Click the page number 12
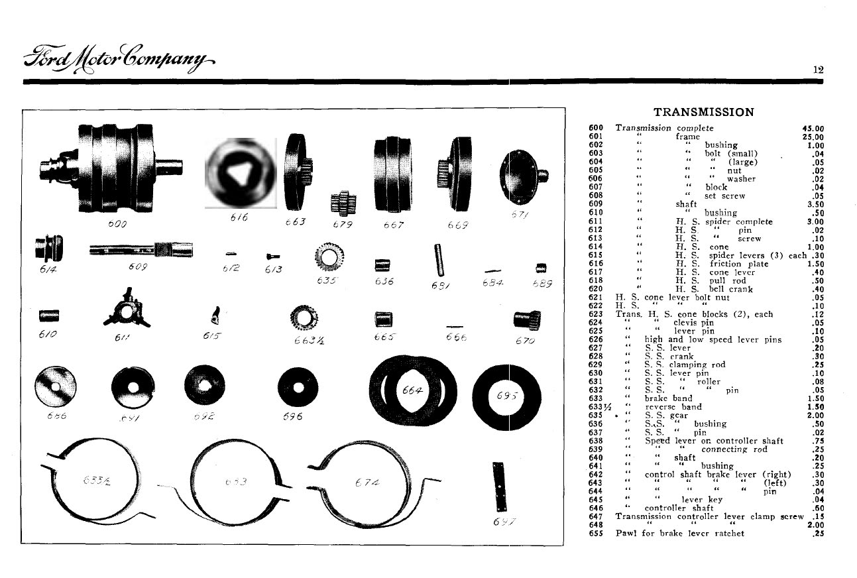(818, 69)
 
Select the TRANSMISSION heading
(703, 112)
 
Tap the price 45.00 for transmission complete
(812, 128)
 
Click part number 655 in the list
(595, 533)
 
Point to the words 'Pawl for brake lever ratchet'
(680, 533)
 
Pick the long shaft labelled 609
(141, 250)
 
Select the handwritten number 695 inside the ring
(511, 396)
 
